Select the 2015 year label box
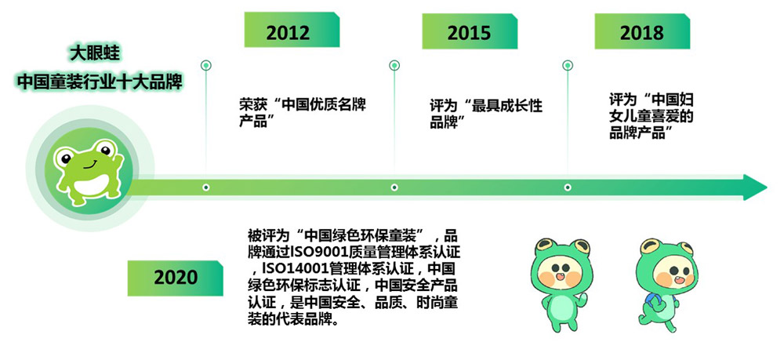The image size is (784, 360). click(x=470, y=31)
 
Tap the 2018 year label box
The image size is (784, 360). click(x=642, y=31)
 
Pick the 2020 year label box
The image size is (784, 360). click(x=175, y=278)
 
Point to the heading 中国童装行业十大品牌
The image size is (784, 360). click(x=100, y=82)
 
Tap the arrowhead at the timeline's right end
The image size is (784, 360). click(x=755, y=187)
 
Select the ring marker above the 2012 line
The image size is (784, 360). click(x=205, y=66)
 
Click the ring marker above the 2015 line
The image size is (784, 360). click(x=394, y=66)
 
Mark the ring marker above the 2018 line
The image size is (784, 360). click(x=568, y=66)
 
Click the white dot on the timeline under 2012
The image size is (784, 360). click(x=205, y=187)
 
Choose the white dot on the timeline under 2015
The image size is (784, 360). click(x=394, y=187)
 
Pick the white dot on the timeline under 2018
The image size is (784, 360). click(x=568, y=187)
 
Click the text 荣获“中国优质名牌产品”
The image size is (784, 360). click(x=303, y=113)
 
